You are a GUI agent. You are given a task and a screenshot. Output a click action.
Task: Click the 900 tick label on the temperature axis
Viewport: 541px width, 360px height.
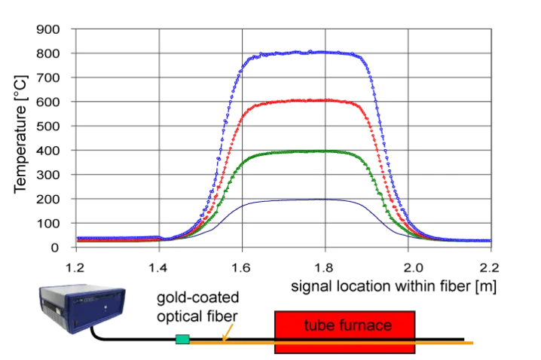(x=49, y=29)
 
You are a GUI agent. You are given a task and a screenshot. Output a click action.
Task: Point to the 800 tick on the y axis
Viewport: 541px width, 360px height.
(x=49, y=54)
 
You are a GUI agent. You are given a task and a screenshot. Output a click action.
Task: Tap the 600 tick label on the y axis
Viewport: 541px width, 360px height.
(x=49, y=102)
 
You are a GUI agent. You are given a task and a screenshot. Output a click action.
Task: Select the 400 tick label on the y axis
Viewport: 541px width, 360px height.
(x=49, y=151)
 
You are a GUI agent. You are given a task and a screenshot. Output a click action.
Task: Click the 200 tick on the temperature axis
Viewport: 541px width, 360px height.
(x=49, y=199)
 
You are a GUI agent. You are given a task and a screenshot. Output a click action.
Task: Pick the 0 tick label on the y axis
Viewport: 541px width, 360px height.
(x=54, y=247)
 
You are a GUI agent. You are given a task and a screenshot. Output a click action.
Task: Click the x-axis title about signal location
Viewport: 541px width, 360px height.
(x=393, y=287)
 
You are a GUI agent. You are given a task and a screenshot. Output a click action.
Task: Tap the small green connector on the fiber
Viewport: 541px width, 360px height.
(x=182, y=340)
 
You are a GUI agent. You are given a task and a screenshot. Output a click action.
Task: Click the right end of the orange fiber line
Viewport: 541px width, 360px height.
(x=472, y=343)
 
